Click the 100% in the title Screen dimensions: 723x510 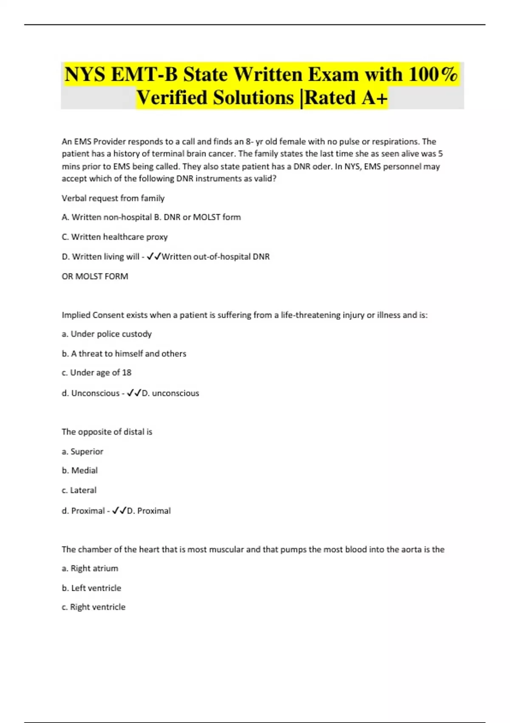[433, 74]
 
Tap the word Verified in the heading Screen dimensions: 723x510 [172, 97]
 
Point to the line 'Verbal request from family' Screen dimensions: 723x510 [113, 198]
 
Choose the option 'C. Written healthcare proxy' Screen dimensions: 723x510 [115, 237]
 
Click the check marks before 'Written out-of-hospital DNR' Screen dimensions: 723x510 [153, 256]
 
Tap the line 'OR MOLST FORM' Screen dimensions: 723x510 [95, 276]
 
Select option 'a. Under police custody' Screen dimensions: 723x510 [107, 334]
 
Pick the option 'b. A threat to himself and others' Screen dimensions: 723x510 [124, 353]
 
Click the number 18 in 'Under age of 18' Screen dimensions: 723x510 [127, 373]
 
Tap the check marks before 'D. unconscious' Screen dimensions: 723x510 [134, 393]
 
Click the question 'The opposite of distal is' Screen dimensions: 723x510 [107, 432]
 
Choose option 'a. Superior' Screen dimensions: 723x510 [82, 451]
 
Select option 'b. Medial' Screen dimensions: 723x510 [79, 470]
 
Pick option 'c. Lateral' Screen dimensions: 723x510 [79, 490]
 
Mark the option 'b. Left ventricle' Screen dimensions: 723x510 [91, 588]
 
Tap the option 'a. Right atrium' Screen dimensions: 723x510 [90, 568]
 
